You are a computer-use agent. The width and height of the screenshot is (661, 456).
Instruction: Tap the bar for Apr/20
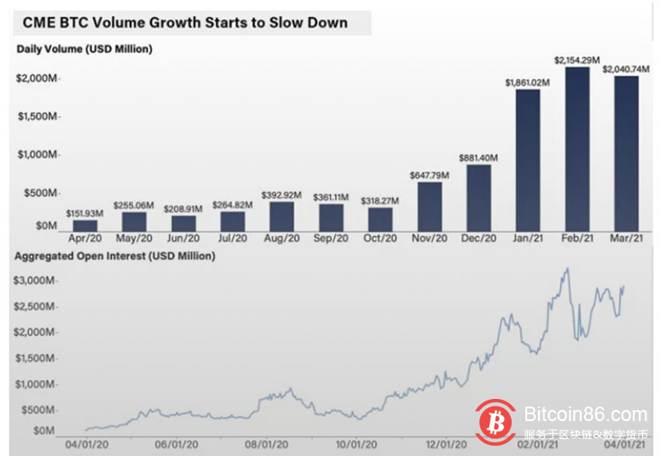[84, 226]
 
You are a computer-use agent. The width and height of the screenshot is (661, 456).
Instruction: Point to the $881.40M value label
[478, 158]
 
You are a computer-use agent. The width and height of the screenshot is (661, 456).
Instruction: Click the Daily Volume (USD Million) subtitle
[84, 49]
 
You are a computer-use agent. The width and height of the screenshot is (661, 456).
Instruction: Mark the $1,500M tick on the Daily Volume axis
[36, 116]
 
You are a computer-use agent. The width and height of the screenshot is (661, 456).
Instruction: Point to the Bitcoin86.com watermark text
[586, 416]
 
